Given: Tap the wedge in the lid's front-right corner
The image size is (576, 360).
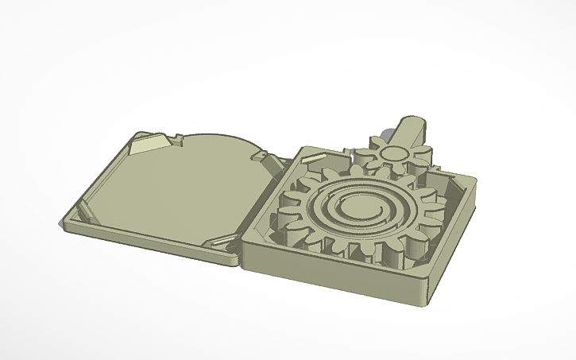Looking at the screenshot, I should pos(218,241).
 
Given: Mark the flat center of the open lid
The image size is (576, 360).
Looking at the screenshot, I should pos(175,187).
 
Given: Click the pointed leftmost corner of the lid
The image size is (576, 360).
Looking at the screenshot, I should pos(63,227).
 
